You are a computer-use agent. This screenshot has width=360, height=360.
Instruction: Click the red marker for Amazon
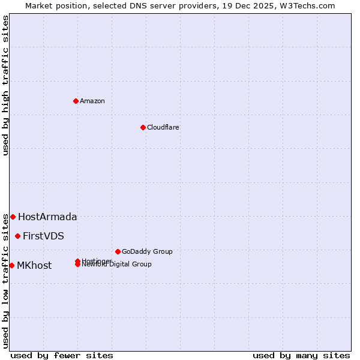[76, 101]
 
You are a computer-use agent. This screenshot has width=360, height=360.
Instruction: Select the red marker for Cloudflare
[143, 127]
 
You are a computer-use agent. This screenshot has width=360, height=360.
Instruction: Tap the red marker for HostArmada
[13, 217]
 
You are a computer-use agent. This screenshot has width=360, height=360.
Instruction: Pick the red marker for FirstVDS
[17, 236]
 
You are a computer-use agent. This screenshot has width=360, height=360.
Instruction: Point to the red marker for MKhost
[11, 265]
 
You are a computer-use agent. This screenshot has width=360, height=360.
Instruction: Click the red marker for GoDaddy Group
[118, 251]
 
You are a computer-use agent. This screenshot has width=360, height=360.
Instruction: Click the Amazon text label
[92, 101]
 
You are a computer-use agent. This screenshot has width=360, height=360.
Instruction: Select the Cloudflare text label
[163, 127]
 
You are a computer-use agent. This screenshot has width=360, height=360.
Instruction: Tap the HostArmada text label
[47, 217]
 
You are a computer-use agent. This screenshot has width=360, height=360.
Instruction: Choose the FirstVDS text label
[43, 236]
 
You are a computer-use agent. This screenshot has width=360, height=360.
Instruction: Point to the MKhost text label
[34, 266]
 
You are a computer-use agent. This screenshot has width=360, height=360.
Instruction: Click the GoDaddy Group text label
[147, 252]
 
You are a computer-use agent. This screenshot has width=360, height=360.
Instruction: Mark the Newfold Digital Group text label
[117, 265]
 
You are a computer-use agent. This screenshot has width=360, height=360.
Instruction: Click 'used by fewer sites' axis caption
[62, 355]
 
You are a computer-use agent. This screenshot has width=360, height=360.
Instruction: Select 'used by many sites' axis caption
[301, 355]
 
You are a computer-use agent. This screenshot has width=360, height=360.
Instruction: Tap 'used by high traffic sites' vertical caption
[5, 85]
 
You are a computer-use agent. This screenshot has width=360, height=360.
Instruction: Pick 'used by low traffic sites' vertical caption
[5, 281]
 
